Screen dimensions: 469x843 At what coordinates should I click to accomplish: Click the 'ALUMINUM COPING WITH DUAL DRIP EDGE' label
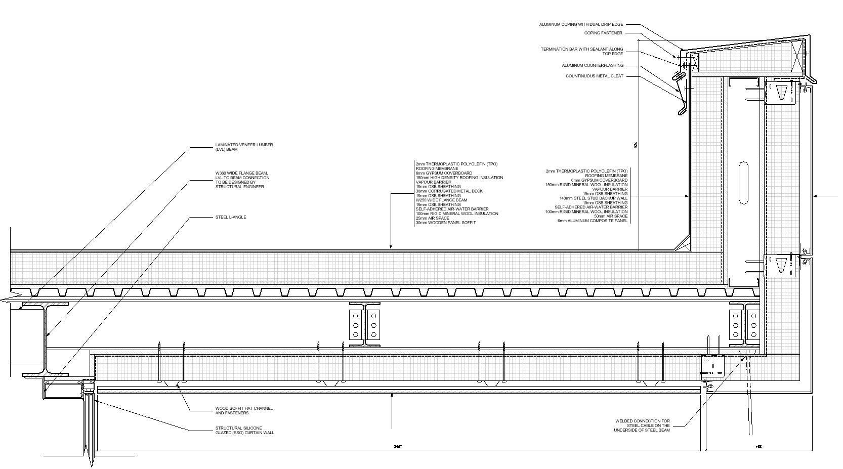(581, 24)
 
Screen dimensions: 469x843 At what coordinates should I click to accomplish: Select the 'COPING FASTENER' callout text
(603, 33)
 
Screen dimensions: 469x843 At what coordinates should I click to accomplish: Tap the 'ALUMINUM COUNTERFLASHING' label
(593, 65)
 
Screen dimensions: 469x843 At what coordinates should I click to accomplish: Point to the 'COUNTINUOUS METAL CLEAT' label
(595, 76)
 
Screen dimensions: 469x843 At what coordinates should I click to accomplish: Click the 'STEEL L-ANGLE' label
(231, 217)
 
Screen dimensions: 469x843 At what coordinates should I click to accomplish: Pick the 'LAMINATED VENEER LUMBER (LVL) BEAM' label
(244, 147)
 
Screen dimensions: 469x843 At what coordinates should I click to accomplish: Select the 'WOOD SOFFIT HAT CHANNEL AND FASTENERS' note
(244, 410)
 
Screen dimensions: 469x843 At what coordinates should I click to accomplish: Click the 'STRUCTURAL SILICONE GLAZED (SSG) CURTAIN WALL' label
(244, 431)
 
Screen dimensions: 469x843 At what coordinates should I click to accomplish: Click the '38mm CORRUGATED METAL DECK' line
(449, 191)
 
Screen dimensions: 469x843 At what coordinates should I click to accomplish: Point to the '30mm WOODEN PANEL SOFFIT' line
(446, 223)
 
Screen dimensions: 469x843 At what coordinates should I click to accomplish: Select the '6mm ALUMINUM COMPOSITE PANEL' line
(593, 221)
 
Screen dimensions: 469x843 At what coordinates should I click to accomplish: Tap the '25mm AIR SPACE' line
(433, 218)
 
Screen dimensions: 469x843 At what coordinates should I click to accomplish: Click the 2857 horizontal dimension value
(398, 447)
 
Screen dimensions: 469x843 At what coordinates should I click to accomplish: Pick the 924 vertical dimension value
(636, 145)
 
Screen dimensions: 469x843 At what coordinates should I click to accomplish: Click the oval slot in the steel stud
(743, 183)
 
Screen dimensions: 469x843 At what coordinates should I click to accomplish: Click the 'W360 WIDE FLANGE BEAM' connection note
(242, 180)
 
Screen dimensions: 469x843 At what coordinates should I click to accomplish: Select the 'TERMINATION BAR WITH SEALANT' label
(582, 52)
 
